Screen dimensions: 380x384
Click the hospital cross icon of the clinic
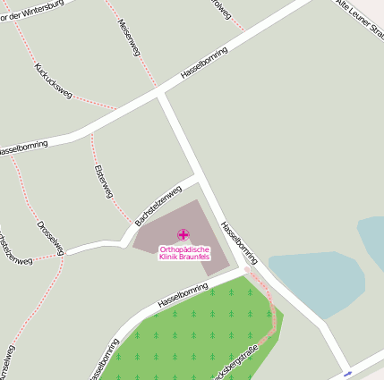tap(183, 234)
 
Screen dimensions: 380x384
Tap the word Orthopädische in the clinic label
tap(183, 249)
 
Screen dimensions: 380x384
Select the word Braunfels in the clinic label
tap(195, 257)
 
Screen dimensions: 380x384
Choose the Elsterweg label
tap(103, 182)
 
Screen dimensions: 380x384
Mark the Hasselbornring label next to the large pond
tap(239, 242)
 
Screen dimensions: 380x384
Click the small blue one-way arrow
tap(347, 373)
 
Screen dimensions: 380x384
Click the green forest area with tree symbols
tap(197, 335)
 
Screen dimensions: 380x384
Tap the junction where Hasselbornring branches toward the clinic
tap(160, 92)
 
